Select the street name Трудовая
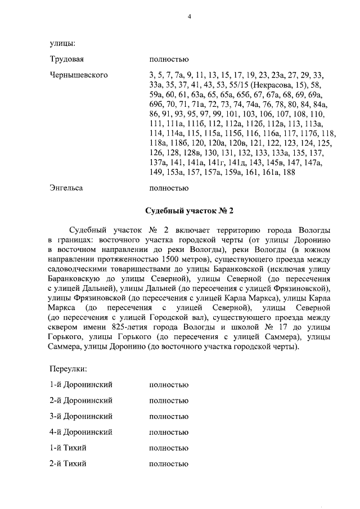coord(67,59)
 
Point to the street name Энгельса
coord(66,188)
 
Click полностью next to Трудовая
coord(169,59)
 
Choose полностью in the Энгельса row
coord(169,188)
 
